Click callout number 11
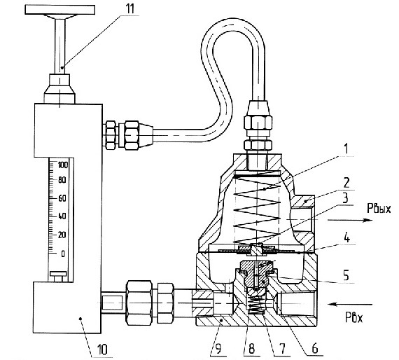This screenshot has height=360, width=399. coord(129,9)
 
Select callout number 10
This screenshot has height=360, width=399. coord(102,349)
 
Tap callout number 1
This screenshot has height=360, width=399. coord(346,149)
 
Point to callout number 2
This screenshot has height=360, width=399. coord(346,183)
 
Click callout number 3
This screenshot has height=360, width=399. coord(345,198)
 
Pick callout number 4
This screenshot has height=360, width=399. coord(346,238)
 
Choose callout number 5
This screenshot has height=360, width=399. coord(346,276)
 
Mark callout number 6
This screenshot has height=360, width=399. coord(315,349)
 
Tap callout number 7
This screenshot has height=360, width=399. coord(282,349)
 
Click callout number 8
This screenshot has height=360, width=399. coord(251,349)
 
